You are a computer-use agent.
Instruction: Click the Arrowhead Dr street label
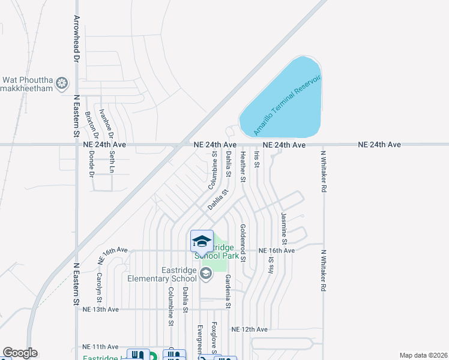[77, 39]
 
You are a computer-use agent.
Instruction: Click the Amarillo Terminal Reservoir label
[288, 106]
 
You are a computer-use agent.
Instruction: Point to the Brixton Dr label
[88, 123]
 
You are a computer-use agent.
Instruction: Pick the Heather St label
[243, 166]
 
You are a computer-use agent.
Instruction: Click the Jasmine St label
[283, 227]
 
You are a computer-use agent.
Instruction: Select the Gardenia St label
[228, 291]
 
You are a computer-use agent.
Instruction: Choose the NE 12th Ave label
[249, 329]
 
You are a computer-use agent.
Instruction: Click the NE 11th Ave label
[101, 347]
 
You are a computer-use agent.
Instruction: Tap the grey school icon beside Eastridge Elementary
[206, 274]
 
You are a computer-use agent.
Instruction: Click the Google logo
[20, 353]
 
